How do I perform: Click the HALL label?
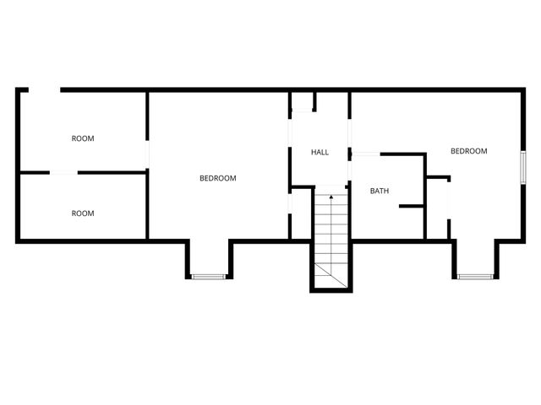(320, 152)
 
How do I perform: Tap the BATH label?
(380, 191)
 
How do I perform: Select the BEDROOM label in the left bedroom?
(217, 178)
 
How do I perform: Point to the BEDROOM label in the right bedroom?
(468, 151)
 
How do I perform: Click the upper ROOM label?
(83, 138)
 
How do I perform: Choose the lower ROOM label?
(83, 213)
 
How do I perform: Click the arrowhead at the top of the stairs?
(331, 197)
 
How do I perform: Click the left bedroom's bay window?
(208, 276)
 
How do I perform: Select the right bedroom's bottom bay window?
(476, 276)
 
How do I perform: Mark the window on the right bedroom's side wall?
(523, 165)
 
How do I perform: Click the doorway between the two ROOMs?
(63, 173)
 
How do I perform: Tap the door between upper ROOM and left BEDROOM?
(148, 153)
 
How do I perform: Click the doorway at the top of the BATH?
(367, 154)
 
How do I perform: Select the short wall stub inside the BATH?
(411, 205)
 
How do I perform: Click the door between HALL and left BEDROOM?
(290, 203)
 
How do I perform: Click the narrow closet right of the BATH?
(437, 208)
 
